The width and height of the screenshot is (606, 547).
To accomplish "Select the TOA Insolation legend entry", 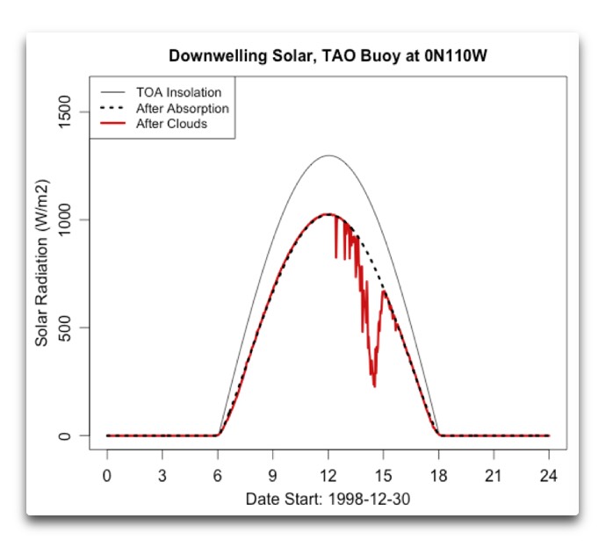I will click(x=178, y=91).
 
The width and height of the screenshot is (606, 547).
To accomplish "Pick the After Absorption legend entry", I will click(x=182, y=108).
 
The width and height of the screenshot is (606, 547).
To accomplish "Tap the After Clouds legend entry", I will click(x=171, y=124).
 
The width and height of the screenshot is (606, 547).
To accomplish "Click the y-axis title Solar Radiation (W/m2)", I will click(x=41, y=273).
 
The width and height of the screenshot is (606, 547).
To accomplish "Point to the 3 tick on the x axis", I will click(x=162, y=475).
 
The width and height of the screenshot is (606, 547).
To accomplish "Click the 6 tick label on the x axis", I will click(x=218, y=475).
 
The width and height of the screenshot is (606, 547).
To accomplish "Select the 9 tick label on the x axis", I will click(x=273, y=475).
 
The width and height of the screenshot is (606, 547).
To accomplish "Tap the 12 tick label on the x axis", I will click(x=328, y=475).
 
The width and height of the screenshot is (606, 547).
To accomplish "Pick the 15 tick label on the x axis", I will click(x=383, y=475).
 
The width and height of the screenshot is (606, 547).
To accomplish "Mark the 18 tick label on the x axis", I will click(x=438, y=475).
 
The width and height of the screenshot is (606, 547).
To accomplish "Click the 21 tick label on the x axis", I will click(x=494, y=475).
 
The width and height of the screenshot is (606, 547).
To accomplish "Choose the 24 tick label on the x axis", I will click(x=549, y=475).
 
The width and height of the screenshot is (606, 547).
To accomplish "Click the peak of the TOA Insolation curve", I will click(x=328, y=155).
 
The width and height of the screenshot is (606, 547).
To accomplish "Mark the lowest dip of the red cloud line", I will click(x=374, y=385).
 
